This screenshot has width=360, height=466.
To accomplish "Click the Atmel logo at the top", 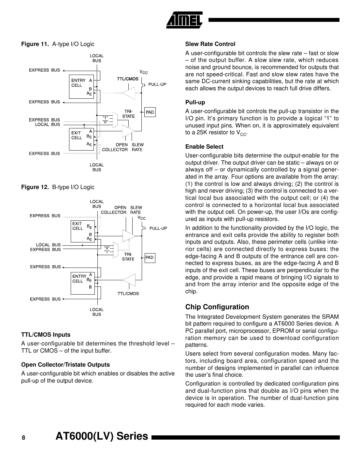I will click(185, 20).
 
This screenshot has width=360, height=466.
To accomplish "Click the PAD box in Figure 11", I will click(150, 112).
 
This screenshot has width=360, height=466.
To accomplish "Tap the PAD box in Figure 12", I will click(150, 258).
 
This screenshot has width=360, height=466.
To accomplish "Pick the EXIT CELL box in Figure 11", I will click(81, 139).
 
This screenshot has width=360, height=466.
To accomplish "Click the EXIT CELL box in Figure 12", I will click(82, 231).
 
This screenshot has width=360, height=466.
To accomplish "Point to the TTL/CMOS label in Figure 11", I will click(128, 79).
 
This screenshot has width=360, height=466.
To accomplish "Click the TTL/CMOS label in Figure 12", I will click(128, 294).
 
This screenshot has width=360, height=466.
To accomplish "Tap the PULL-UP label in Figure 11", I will click(157, 84).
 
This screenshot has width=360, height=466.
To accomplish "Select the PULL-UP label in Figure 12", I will click(158, 228).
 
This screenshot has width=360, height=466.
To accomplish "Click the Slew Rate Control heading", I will click(210, 44).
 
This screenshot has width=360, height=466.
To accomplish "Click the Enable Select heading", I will click(204, 147).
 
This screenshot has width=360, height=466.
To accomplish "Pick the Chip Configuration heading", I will click(217, 307).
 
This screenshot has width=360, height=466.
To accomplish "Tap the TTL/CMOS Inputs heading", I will click(46, 335).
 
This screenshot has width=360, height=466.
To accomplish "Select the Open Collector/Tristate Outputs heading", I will click(65, 365).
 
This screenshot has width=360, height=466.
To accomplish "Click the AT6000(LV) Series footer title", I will click(102, 436).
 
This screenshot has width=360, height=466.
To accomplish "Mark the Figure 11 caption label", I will click(35, 44).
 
